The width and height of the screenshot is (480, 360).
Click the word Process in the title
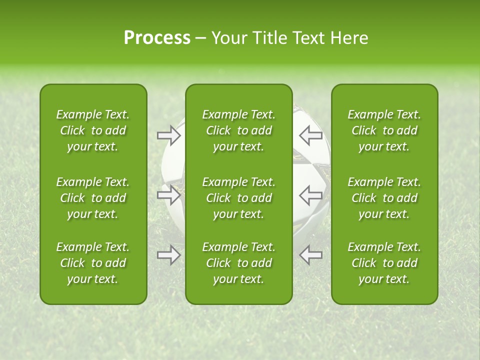click(157, 38)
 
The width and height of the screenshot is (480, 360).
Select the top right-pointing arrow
click(168, 135)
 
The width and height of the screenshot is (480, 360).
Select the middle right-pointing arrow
click(168, 194)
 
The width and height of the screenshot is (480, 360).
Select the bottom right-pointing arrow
click(168, 255)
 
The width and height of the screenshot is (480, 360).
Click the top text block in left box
click(93, 130)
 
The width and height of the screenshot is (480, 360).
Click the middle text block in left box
click(93, 198)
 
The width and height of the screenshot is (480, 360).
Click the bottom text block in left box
click(93, 263)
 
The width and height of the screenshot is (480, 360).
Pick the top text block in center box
click(238, 130)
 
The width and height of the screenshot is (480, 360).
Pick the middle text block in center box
click(238, 198)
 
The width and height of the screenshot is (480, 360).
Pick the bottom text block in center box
click(238, 263)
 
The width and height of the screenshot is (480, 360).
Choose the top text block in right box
click(384, 130)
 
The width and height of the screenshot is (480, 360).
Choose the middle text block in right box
click(384, 198)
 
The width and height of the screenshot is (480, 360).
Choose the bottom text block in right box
click(384, 263)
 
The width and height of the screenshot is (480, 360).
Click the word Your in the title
click(228, 38)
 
